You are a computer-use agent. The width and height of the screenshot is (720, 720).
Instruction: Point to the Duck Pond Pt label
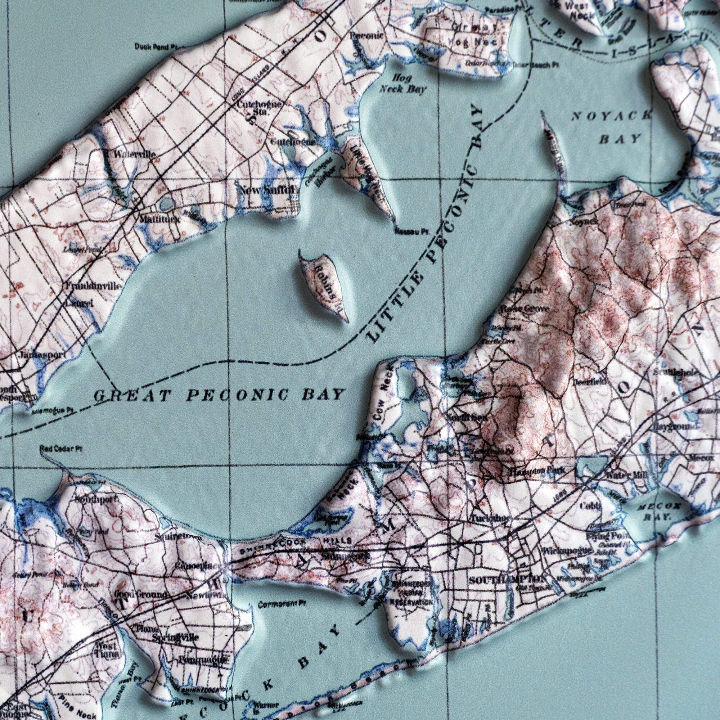pos(156,47)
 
